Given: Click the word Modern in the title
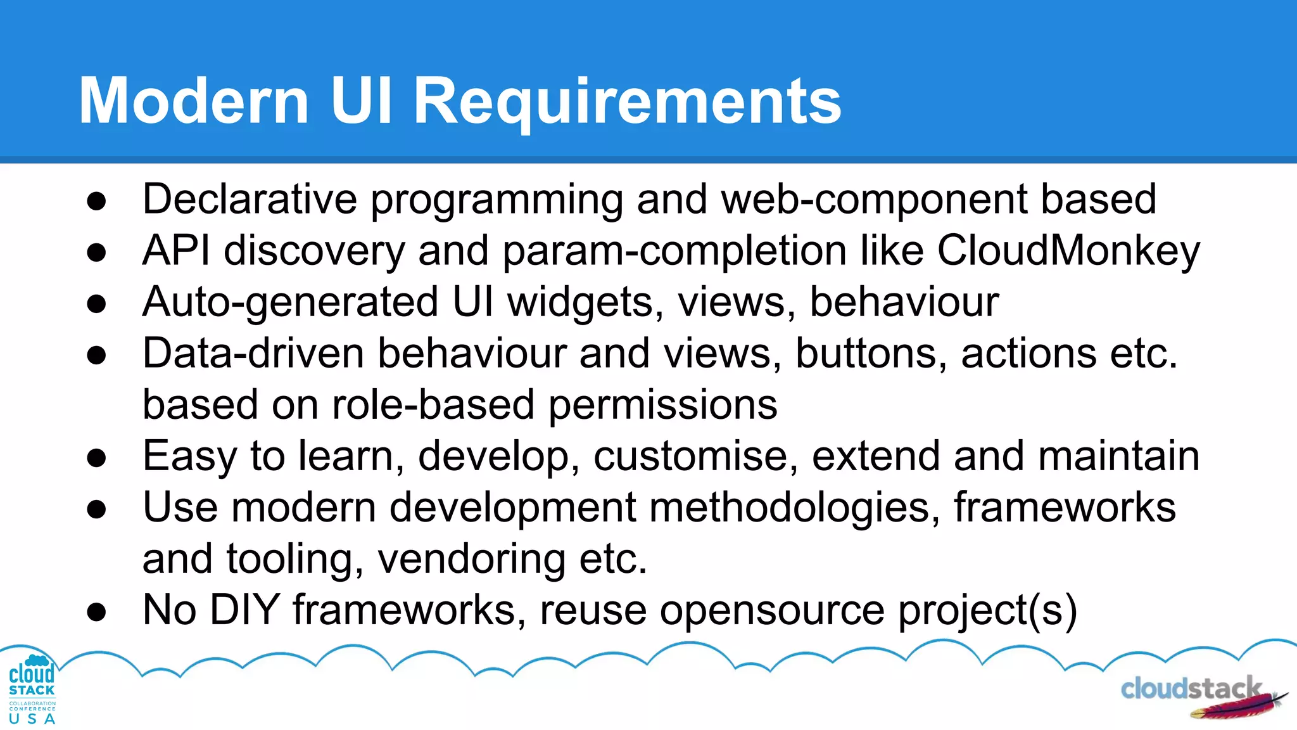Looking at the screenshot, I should coord(194,101).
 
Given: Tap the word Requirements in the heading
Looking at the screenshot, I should coord(627,101).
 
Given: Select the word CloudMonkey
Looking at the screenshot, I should coord(1068,251).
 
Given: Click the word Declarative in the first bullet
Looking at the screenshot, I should coord(250,200).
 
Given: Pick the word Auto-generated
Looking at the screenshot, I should coord(290,302).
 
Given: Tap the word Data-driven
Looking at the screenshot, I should coord(253,354).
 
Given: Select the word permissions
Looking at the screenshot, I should coord(662,405).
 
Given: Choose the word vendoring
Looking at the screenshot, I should coord(472,559).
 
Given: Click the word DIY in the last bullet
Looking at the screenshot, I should coord(244,610).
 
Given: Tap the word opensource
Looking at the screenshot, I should coord(772,610).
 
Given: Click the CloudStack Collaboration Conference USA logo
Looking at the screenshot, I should coord(32,689).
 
